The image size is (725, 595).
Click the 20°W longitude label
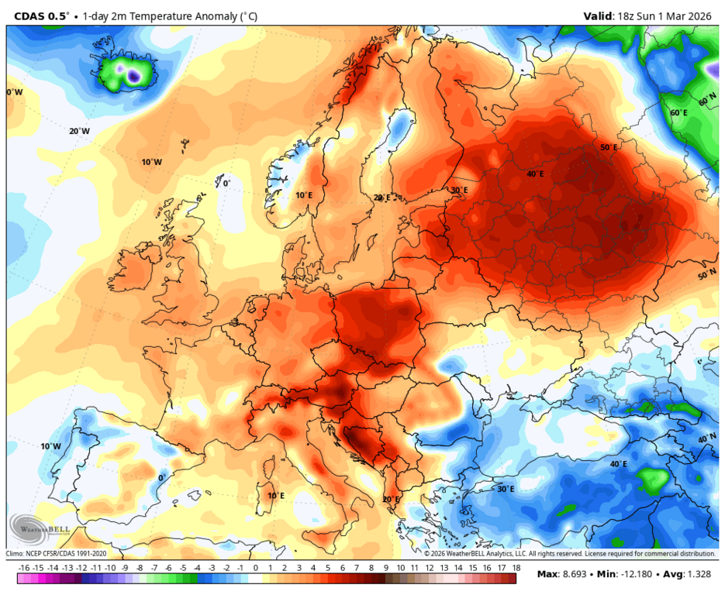[x=79, y=131]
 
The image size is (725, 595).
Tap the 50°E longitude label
[x=609, y=147]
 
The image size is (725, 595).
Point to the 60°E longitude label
[x=678, y=113]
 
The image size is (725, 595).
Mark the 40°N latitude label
[x=707, y=439]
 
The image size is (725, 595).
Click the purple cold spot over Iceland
[x=133, y=76]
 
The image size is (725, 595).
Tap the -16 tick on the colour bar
[x=23, y=567]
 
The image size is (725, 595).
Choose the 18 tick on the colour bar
[x=515, y=567]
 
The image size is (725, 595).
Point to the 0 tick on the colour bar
[x=255, y=567]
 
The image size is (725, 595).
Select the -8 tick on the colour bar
[x=139, y=567]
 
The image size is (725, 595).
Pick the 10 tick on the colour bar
[x=399, y=567]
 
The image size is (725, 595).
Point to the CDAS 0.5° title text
[x=41, y=15]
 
